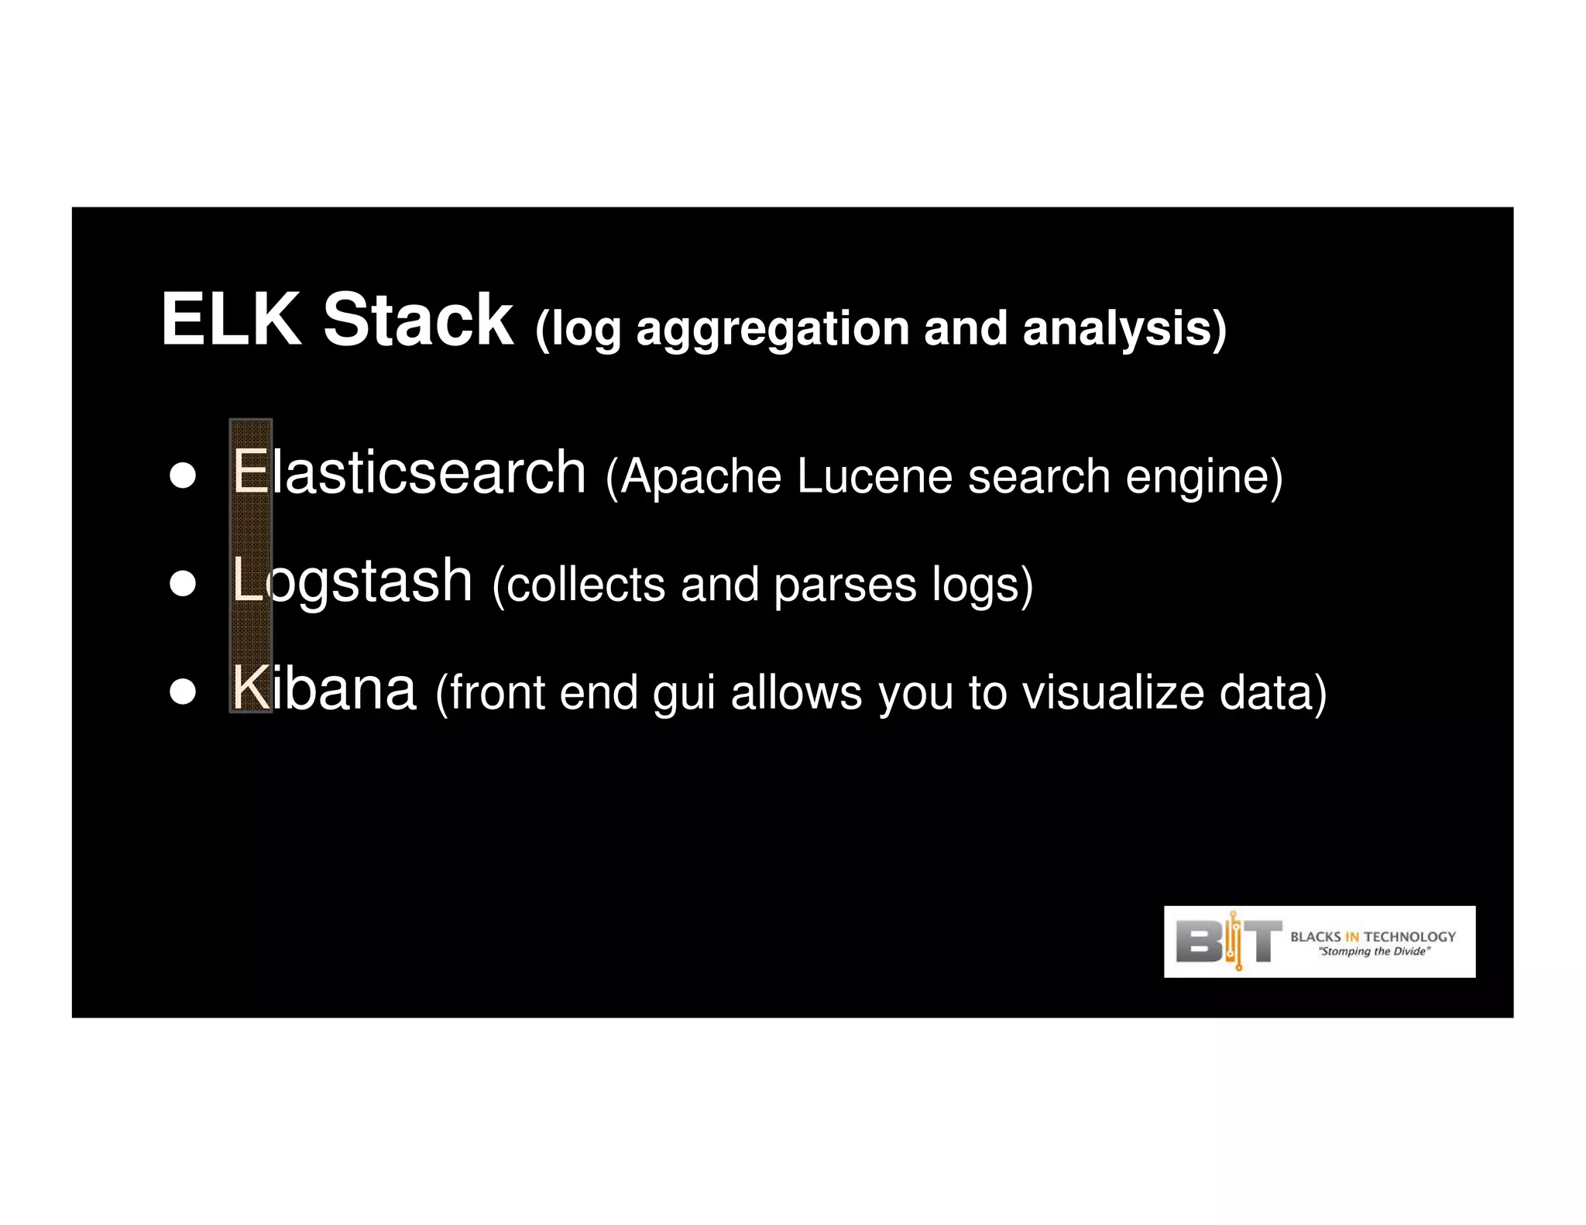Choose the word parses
click(x=845, y=585)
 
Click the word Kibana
click(x=324, y=688)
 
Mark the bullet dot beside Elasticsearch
click(x=183, y=475)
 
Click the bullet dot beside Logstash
click(x=183, y=583)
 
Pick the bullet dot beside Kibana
click(x=183, y=691)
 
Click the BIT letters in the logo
click(x=1228, y=941)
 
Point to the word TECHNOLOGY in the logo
click(x=1409, y=936)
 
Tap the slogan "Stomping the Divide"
click(x=1374, y=952)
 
